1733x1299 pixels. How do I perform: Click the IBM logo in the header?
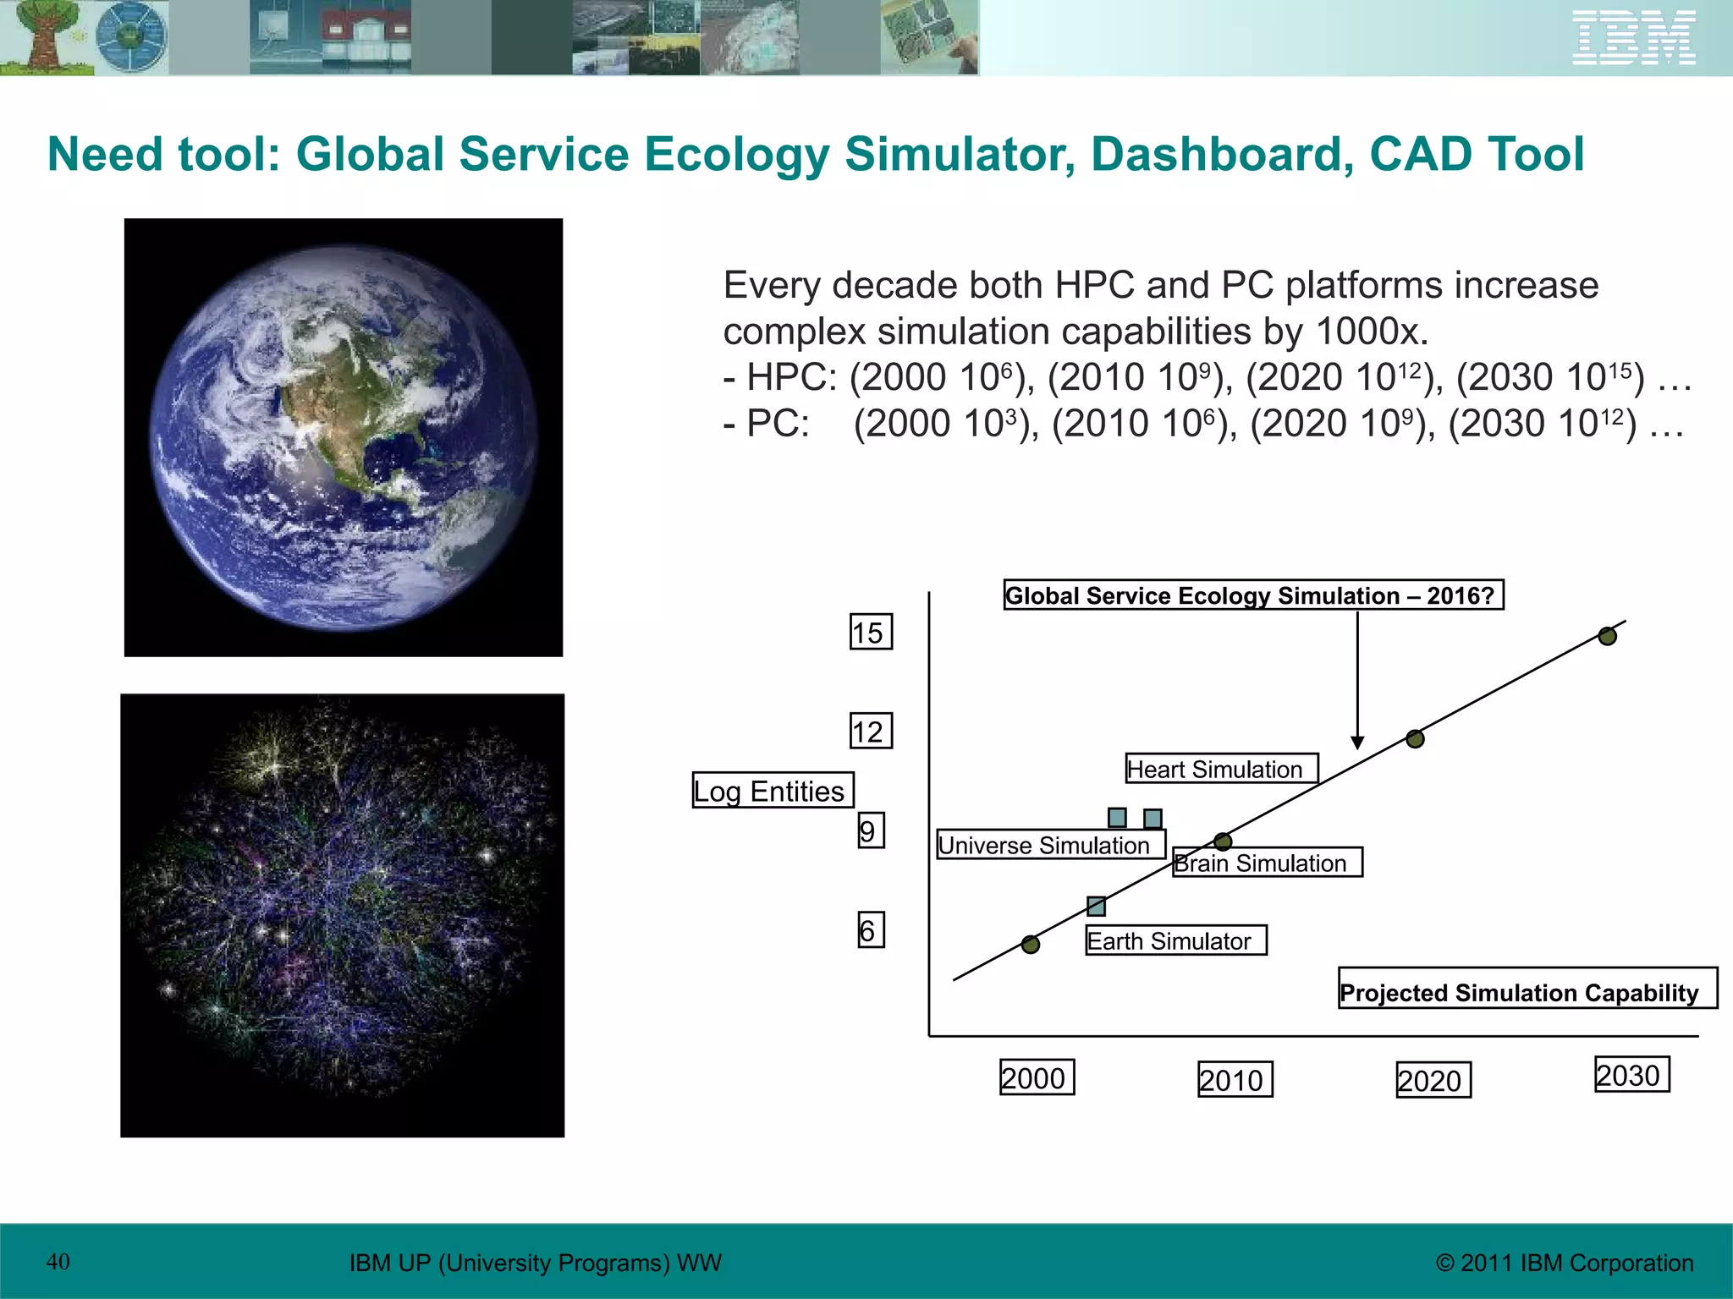[1633, 38]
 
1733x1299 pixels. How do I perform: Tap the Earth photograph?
[343, 437]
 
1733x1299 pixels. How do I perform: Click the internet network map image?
[342, 915]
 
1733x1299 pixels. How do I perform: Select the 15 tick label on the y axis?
[870, 632]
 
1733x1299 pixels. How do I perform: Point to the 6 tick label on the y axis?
[870, 929]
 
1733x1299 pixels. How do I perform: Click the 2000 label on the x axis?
[1036, 1077]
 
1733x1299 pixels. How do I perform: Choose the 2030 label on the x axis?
[1631, 1074]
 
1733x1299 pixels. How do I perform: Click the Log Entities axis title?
[772, 790]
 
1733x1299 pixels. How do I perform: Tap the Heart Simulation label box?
[1221, 768]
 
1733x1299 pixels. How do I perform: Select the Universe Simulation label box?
[1050, 844]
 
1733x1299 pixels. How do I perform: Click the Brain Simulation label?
[1267, 862]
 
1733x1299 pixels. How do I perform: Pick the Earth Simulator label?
[1175, 940]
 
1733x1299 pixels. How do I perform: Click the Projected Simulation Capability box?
[1526, 989]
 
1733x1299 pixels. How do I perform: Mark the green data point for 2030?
[1607, 636]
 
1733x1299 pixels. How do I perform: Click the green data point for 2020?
[1415, 739]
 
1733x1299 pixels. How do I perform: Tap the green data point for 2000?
[1030, 945]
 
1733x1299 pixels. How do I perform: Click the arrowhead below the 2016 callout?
[1357, 743]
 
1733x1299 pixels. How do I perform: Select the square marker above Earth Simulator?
[1096, 907]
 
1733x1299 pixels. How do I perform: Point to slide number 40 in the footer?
[58, 1262]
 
